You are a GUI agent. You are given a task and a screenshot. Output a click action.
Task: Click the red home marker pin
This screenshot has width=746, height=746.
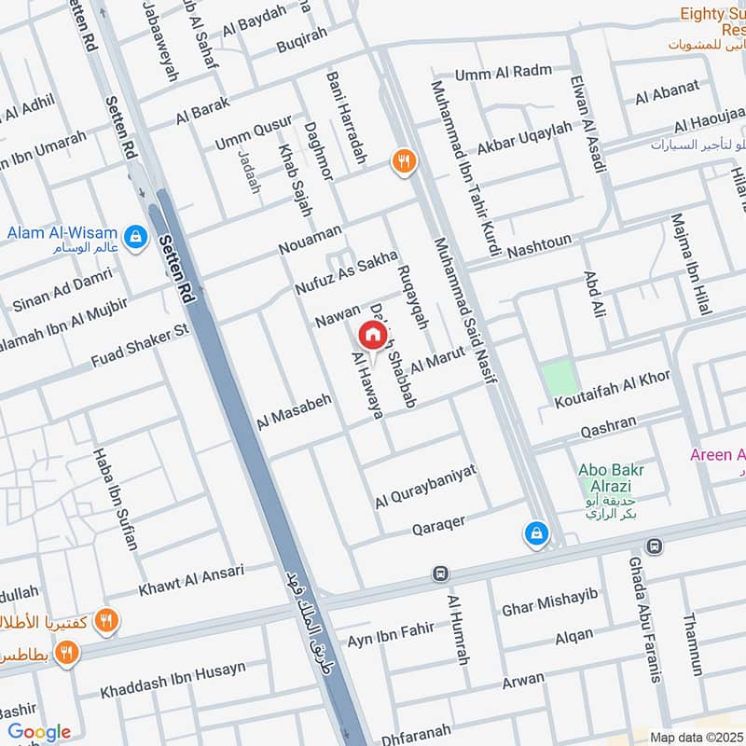371,335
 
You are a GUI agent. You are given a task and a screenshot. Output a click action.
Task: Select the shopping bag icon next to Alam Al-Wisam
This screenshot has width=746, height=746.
137,237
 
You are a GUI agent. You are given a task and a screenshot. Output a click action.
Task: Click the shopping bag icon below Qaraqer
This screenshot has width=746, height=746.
536,533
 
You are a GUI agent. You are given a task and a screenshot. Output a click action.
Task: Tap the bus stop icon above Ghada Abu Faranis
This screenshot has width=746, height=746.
655,546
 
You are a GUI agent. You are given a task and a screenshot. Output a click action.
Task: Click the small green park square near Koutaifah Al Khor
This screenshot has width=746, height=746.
559,379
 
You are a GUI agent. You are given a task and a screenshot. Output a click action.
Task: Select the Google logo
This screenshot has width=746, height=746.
39,732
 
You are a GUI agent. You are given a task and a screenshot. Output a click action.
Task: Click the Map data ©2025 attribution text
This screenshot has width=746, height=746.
697,737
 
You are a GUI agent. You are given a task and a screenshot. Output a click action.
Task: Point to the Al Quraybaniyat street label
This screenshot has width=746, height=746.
425,486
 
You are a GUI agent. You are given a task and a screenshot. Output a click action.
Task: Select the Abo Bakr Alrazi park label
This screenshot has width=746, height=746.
611,478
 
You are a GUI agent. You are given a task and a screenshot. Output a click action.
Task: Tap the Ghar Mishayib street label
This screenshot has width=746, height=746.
548,599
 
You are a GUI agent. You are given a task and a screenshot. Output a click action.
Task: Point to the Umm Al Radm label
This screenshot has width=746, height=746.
504,73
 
